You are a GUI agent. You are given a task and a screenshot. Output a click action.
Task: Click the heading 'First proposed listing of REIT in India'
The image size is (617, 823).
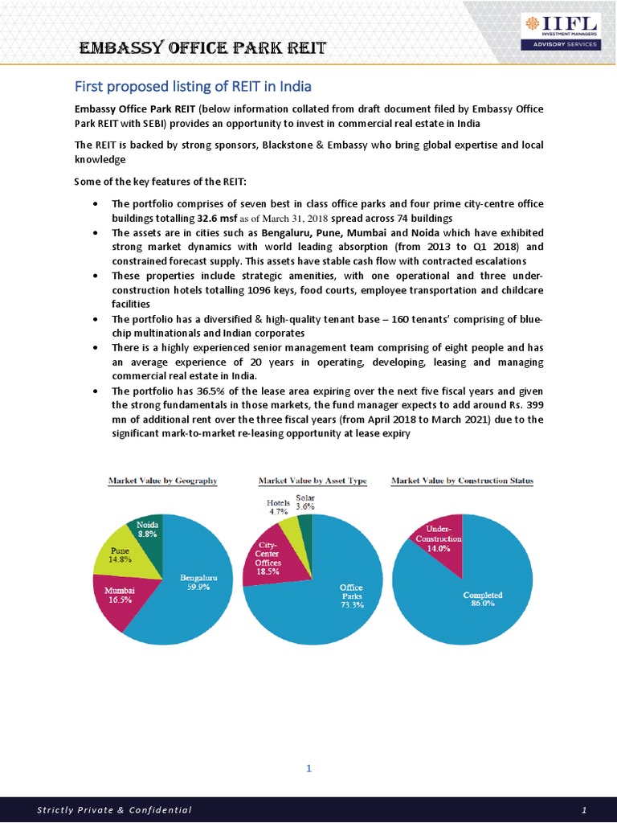click(x=193, y=86)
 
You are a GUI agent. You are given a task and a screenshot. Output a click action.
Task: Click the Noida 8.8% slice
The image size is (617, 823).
click(x=146, y=530)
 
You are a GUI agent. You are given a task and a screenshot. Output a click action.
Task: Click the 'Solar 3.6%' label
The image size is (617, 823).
click(x=305, y=502)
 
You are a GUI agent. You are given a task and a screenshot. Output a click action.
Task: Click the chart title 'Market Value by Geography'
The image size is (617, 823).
click(x=163, y=481)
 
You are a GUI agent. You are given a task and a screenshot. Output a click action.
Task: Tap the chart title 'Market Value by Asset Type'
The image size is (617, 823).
click(x=313, y=481)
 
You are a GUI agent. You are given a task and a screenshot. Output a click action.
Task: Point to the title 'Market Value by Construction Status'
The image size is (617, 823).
click(x=462, y=481)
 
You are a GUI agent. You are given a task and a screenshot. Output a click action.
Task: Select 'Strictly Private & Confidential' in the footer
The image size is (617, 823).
click(x=114, y=809)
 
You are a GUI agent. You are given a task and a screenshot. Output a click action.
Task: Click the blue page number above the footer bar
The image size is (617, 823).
click(x=308, y=769)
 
